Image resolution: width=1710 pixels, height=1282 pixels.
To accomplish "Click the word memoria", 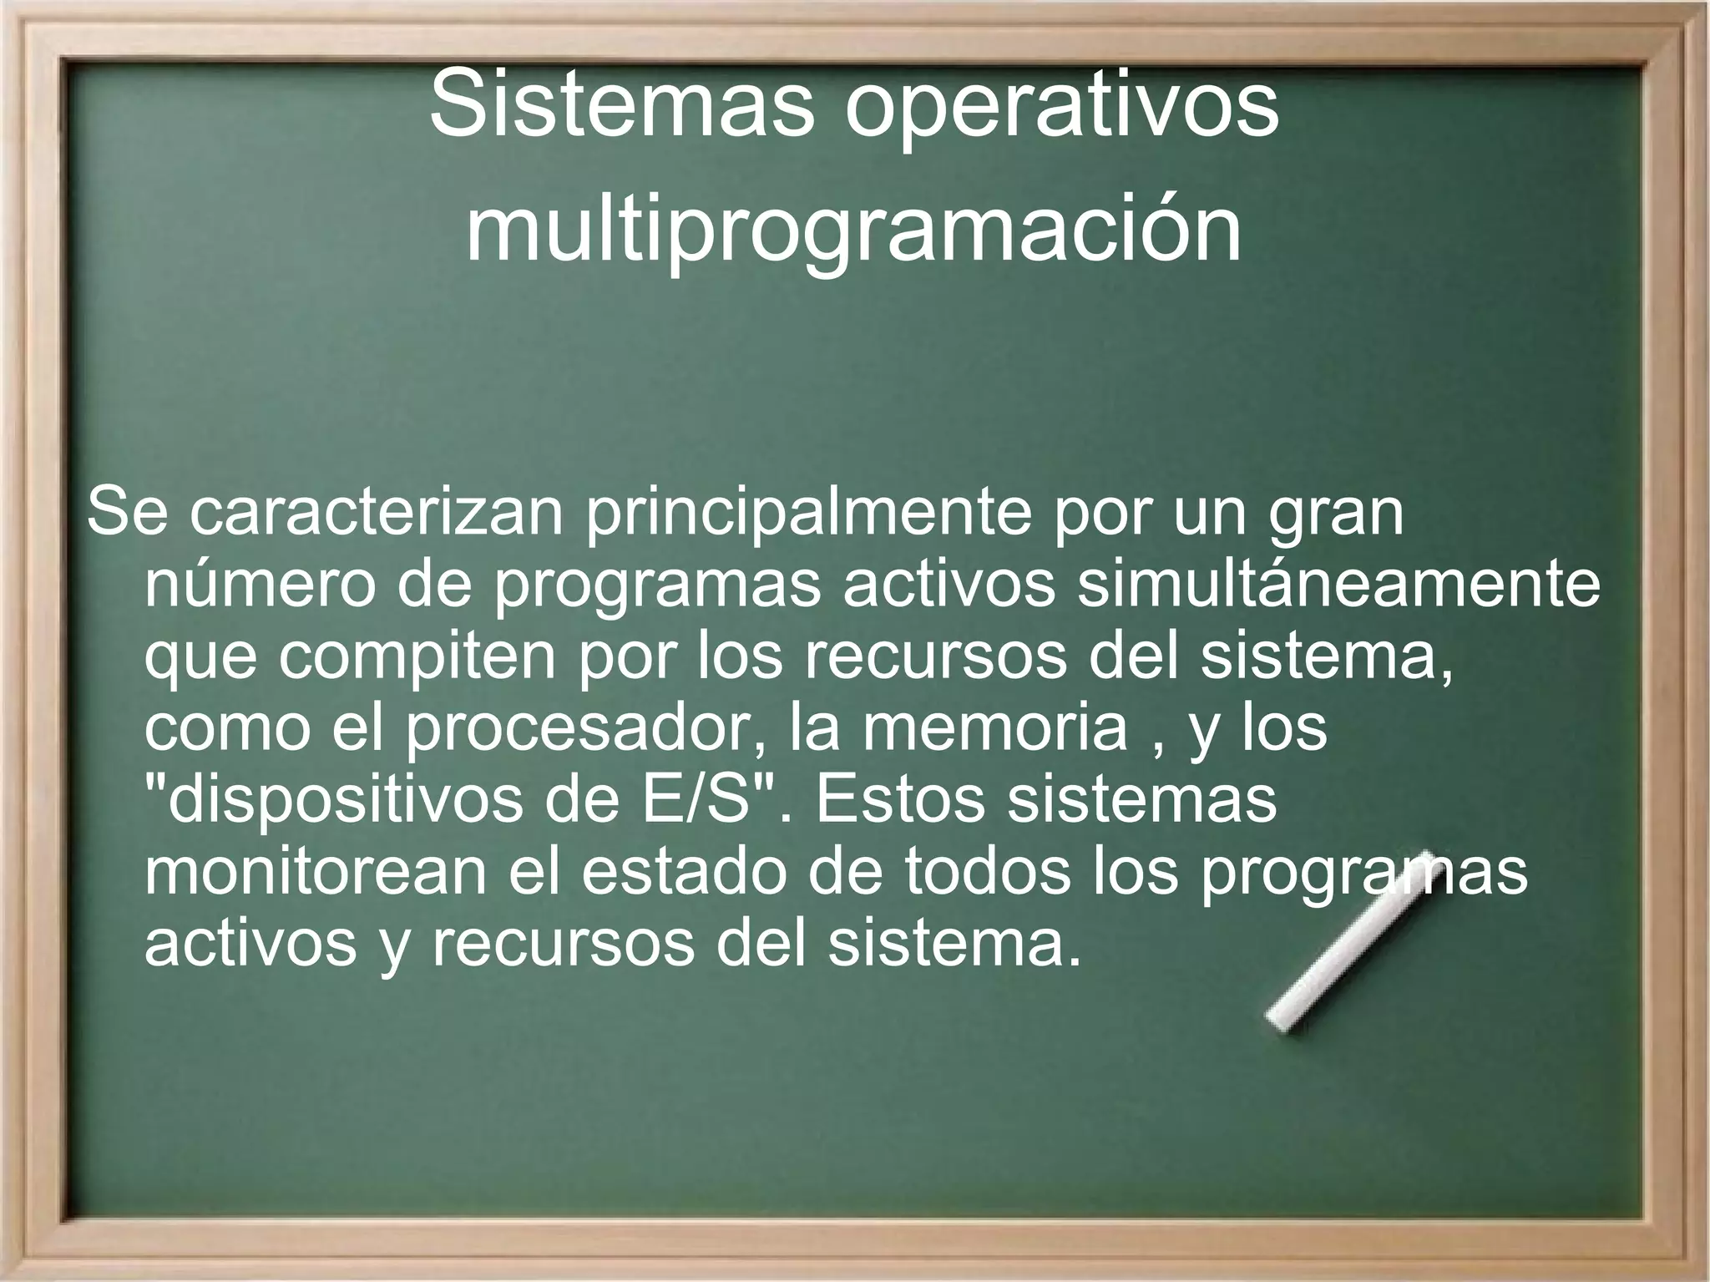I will (x=994, y=728).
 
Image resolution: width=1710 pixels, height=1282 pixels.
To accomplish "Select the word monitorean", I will (x=316, y=872).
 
